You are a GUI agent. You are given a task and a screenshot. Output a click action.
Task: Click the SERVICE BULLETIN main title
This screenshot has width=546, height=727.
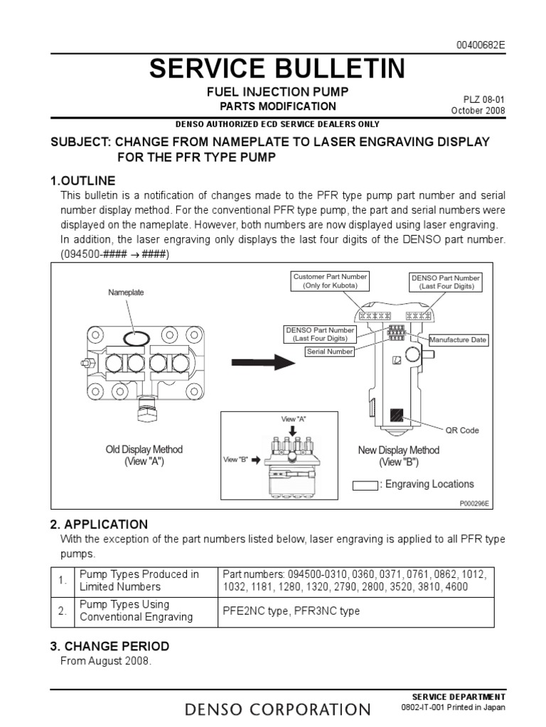(277, 69)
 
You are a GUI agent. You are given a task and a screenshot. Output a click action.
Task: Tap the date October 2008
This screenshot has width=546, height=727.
(478, 111)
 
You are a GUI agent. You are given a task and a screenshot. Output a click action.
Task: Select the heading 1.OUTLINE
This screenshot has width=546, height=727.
(82, 180)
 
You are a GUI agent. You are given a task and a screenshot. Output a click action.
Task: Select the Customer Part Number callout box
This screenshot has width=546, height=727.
(330, 280)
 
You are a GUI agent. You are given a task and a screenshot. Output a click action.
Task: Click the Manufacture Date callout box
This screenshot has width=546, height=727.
(458, 340)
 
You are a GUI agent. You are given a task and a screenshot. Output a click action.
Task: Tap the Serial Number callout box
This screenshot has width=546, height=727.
(330, 351)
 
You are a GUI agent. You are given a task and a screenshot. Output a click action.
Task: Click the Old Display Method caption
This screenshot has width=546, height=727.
(144, 455)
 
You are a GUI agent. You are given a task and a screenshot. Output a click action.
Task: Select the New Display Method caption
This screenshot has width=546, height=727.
(398, 456)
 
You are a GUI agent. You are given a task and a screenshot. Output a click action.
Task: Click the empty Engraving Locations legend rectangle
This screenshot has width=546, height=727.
(365, 485)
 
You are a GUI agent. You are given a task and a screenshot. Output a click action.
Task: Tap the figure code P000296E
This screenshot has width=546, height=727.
(474, 503)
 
